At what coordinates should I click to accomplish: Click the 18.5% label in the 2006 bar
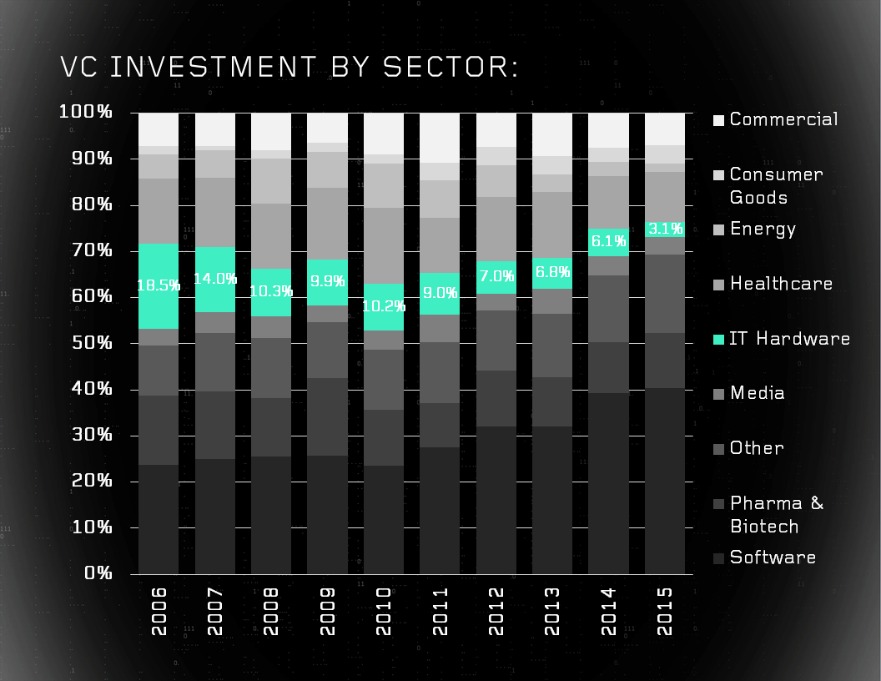pyautogui.click(x=159, y=285)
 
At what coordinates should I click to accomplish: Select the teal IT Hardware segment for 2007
pyautogui.click(x=215, y=280)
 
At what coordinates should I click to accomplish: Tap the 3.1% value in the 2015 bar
pyautogui.click(x=665, y=229)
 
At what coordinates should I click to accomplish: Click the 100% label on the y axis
pyautogui.click(x=86, y=113)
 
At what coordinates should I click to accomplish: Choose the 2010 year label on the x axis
pyautogui.click(x=384, y=611)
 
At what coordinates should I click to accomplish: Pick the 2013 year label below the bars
pyautogui.click(x=552, y=611)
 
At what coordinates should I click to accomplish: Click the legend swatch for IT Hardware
pyautogui.click(x=717, y=340)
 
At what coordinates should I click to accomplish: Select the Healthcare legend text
pyautogui.click(x=781, y=284)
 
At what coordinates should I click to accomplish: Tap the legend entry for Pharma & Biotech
pyautogui.click(x=776, y=514)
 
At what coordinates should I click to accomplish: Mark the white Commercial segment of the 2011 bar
pyautogui.click(x=440, y=138)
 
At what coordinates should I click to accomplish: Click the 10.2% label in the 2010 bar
pyautogui.click(x=384, y=306)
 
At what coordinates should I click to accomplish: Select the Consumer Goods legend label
pyautogui.click(x=776, y=185)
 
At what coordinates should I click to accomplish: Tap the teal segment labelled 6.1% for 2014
pyautogui.click(x=608, y=242)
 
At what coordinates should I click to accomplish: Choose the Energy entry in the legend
pyautogui.click(x=763, y=229)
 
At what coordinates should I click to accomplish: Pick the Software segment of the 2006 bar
pyautogui.click(x=159, y=519)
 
